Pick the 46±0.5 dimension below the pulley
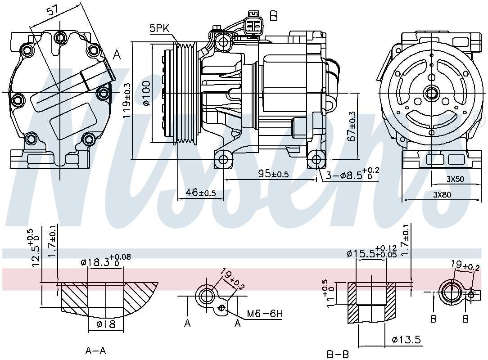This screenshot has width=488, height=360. pyautogui.click(x=201, y=193)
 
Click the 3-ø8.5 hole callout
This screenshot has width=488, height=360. pyautogui.click(x=352, y=174)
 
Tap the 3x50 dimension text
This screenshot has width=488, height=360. pyautogui.click(x=455, y=179)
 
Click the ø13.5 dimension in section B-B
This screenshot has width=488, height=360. pyautogui.click(x=406, y=340)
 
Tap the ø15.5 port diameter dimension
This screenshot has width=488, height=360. pyautogui.click(x=371, y=254)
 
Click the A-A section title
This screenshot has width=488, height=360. pyautogui.click(x=95, y=350)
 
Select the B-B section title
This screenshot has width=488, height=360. pyautogui.click(x=338, y=354)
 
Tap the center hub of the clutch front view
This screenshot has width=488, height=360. pyautogui.click(x=432, y=94)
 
